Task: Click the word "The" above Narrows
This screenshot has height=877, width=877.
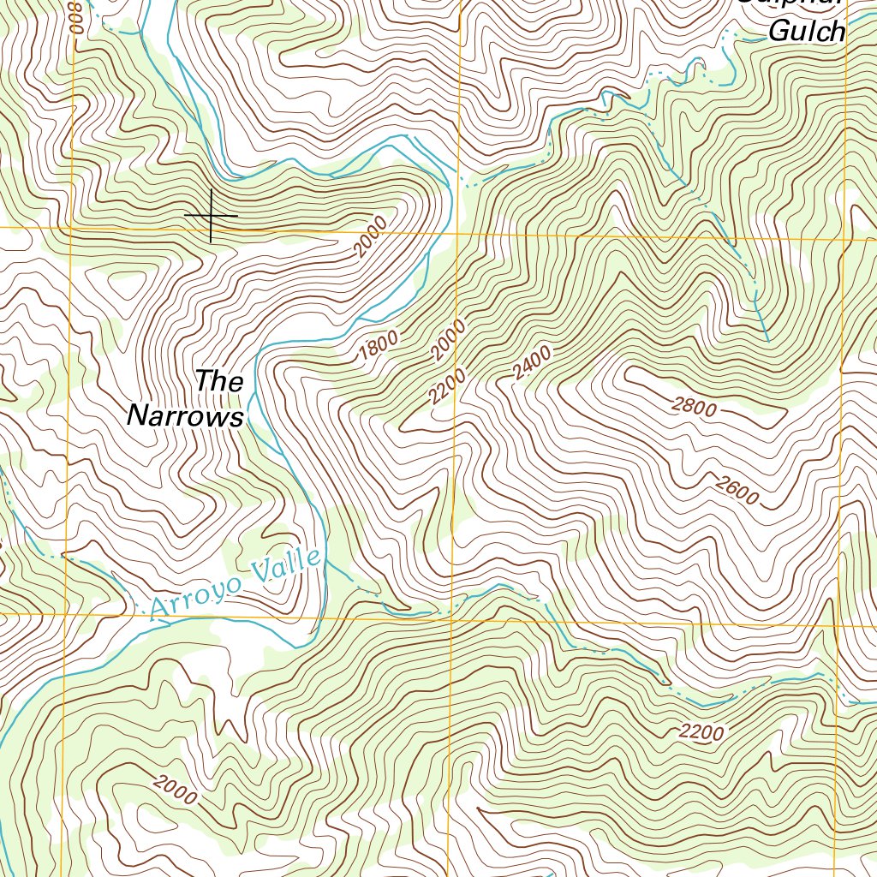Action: pos(219,381)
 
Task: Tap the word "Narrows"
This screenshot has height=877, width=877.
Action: pos(185,417)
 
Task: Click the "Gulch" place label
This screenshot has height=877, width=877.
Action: pos(807,32)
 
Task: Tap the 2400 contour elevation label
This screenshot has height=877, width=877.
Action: pos(533,362)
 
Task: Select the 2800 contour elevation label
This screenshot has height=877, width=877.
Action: pos(694,408)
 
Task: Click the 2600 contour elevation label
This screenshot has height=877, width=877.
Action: pos(736,492)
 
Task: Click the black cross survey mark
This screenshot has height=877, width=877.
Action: pos(211,215)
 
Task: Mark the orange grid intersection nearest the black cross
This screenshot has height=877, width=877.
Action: pos(72,229)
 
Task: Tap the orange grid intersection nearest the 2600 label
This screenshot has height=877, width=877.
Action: pos(839,624)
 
